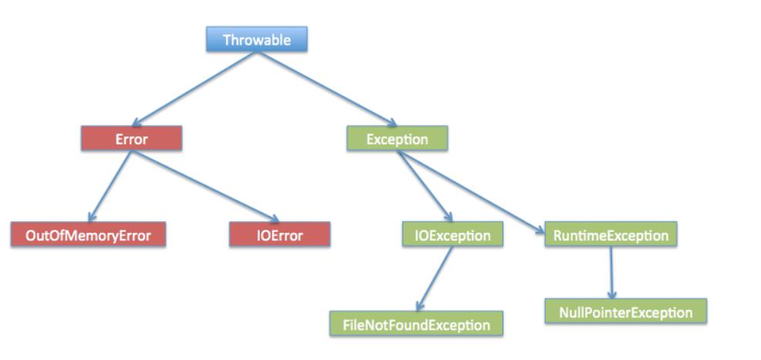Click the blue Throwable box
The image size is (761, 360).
257,39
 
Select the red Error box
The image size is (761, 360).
132,139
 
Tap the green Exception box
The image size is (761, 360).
397,139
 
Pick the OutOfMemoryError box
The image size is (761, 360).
89,235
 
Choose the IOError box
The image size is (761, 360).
280,235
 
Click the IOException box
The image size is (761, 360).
453,235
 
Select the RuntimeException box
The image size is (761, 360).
611,235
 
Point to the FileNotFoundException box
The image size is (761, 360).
416,324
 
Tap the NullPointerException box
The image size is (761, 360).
625,311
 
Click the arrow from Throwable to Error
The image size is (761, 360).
194,89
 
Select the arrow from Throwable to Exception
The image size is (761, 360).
327,89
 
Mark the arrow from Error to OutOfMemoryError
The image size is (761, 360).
110,187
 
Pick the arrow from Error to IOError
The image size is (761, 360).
205,187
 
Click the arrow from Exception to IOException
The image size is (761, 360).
425,187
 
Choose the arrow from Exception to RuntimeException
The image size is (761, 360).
471,193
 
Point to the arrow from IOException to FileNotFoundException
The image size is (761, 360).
435,278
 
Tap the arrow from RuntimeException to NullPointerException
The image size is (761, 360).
611,273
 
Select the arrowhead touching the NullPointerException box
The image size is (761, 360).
612,294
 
